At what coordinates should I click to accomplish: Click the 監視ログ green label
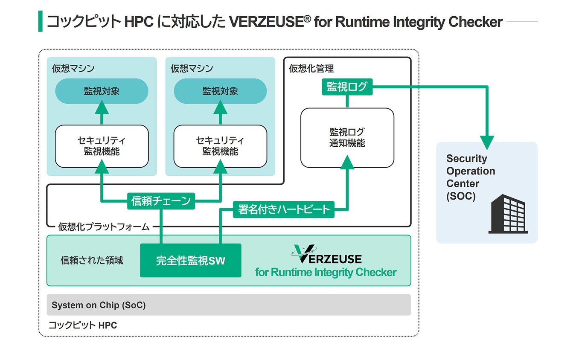pos(346,87)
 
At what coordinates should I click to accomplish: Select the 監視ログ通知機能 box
pos(347,137)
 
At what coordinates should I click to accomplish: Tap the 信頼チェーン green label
pos(161,200)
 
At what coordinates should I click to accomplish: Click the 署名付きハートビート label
pos(284,209)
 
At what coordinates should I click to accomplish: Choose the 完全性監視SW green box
pos(190,260)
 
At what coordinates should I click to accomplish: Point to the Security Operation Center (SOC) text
pos(470,177)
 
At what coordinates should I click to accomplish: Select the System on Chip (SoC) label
pos(99,305)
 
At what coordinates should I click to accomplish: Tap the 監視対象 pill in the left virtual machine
pos(102,91)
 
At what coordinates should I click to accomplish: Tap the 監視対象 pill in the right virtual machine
pos(220,91)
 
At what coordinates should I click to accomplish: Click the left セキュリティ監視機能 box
pos(102,146)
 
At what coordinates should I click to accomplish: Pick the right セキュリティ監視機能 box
pos(220,146)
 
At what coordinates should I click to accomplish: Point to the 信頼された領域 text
pos(92,260)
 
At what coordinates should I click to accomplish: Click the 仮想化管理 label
pos(311,68)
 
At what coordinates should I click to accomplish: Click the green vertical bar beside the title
pos(41,21)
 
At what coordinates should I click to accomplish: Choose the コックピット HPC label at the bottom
pos(82,325)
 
